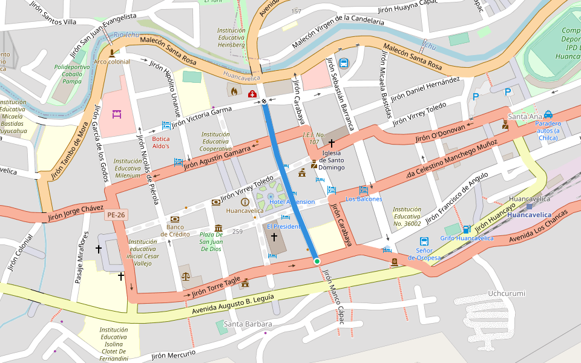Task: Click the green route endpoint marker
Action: coord(317,261)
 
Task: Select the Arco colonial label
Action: coord(111,62)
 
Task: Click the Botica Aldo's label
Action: coord(160,142)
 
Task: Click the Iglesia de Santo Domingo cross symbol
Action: coord(332,143)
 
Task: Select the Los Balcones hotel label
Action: coord(364,198)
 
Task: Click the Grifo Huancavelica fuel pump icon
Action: coord(466,229)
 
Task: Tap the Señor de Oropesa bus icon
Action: coord(424,241)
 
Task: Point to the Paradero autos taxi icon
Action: coord(548,114)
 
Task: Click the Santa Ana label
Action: coord(525,116)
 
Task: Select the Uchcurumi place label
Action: coord(507,293)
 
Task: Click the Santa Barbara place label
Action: coord(248,324)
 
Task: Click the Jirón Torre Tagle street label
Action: coord(217,290)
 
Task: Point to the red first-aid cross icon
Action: coord(252,93)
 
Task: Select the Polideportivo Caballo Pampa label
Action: coord(72,74)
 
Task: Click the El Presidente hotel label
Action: coord(283,226)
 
